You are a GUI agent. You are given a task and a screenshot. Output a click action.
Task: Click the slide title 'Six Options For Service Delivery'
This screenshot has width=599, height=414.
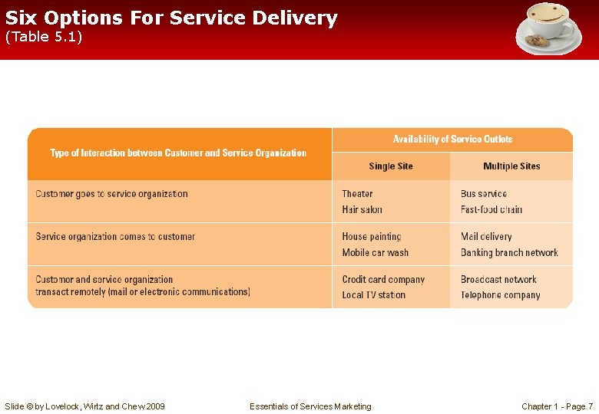(171, 18)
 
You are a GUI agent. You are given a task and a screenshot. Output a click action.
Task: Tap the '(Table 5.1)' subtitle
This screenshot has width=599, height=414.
(44, 37)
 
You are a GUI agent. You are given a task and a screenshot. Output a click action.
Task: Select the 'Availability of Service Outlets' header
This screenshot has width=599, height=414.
(452, 140)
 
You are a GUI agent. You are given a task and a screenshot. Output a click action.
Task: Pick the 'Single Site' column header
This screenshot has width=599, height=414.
(390, 166)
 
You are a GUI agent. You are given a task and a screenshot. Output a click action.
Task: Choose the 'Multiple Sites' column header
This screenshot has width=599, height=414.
(511, 166)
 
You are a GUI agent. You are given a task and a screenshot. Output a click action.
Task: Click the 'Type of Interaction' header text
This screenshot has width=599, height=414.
(178, 153)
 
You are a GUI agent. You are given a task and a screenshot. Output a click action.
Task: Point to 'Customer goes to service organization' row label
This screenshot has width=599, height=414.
(111, 194)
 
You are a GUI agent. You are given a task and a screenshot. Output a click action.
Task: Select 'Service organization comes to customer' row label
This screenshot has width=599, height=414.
(115, 237)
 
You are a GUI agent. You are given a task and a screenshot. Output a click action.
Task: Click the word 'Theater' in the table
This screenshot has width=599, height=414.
(357, 194)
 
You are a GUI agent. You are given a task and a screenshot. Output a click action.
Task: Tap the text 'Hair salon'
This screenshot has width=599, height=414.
(362, 210)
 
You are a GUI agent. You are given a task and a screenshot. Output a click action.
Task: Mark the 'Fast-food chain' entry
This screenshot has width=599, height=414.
(491, 210)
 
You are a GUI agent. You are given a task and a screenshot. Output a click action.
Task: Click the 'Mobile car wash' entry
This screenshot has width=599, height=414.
(375, 253)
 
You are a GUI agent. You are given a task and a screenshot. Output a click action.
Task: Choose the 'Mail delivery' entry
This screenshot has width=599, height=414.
(486, 237)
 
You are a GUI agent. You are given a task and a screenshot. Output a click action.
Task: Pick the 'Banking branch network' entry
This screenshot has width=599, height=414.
(509, 253)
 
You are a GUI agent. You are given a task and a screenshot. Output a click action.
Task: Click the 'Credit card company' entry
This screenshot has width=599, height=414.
(383, 280)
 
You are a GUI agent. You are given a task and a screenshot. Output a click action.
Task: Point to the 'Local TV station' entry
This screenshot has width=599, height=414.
(373, 295)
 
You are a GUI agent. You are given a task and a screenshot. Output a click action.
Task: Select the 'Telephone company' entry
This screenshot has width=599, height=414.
(500, 295)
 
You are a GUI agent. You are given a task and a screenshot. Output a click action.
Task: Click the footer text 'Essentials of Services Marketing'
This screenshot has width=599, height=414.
(310, 406)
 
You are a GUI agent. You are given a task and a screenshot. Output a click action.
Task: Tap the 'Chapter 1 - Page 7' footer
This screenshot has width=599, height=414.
(557, 406)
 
